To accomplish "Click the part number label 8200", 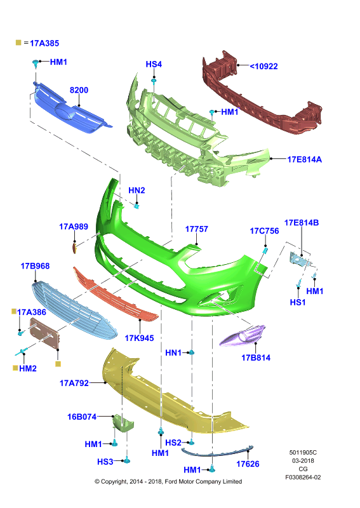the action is pos(79,90).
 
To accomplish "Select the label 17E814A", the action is pos(305,159).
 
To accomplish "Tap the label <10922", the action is pos(263,67).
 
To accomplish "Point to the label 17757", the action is pos(196,229).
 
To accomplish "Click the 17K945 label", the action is pos(139,338).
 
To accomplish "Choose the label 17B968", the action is pos(35,266).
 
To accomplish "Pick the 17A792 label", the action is pos(74,384).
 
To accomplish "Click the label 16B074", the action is pos(82,417).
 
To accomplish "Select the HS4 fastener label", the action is pos(154,64).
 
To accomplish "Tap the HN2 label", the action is pos(137,190).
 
